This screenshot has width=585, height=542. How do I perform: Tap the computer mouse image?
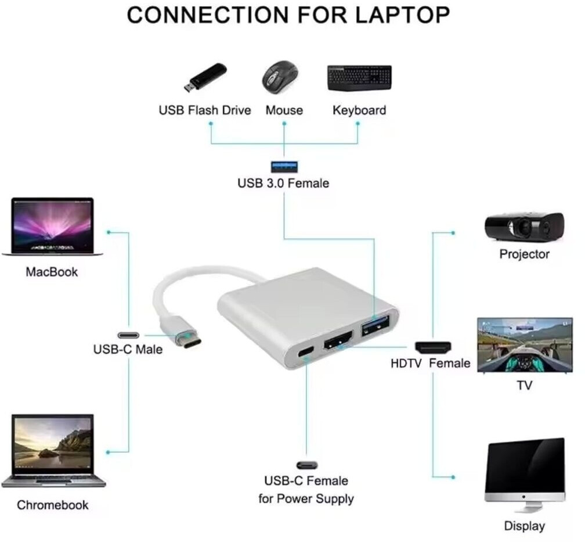[280, 78]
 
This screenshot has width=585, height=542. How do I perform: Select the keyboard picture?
[359, 78]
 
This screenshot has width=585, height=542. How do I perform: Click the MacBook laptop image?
[52, 227]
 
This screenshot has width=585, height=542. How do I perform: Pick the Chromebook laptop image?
[53, 451]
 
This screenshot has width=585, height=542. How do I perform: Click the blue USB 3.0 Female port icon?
[284, 167]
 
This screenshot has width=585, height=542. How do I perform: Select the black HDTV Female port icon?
[433, 347]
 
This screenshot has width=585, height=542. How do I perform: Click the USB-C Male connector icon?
[129, 335]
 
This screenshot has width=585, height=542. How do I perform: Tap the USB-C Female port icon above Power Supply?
[306, 465]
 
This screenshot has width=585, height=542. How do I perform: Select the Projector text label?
[524, 254]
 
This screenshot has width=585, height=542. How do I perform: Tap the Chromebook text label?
[53, 505]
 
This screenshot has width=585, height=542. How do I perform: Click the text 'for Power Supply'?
[306, 498]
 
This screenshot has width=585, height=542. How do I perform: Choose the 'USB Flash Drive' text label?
[205, 110]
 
